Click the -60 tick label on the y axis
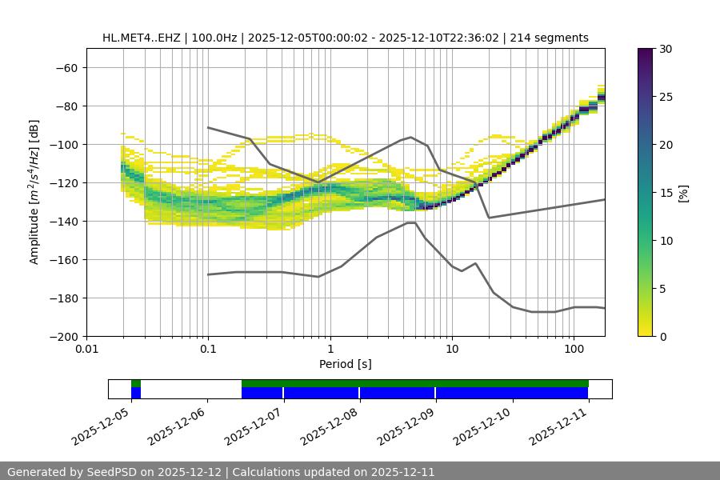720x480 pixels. click(66, 68)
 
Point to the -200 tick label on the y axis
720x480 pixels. click(63, 337)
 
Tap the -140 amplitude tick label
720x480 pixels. click(63, 222)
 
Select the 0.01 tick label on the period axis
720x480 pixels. click(86, 350)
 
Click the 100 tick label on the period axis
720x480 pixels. click(574, 350)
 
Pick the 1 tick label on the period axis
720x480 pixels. click(330, 350)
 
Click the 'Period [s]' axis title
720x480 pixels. click(345, 365)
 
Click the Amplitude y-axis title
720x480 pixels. click(34, 192)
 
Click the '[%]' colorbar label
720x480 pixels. click(682, 193)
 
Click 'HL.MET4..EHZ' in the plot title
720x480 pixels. click(140, 38)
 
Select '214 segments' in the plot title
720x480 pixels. click(553, 38)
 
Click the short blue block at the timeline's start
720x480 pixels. click(136, 393)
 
